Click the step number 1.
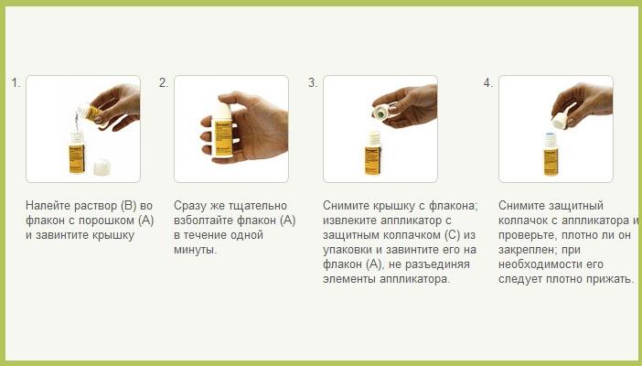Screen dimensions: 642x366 [16, 83]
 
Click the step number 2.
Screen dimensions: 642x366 [164, 83]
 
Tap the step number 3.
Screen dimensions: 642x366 [313, 83]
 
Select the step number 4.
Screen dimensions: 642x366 [488, 83]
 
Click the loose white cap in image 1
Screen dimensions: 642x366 [102, 167]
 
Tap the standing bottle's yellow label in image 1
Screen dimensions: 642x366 [77, 158]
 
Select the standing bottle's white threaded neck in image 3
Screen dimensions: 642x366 [373, 138]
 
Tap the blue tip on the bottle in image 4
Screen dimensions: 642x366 [551, 134]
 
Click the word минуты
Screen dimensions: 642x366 [196, 250]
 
